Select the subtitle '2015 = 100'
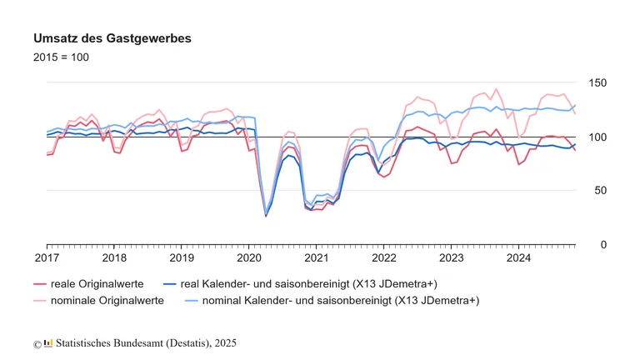pos(61,57)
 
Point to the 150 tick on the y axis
pos(598,83)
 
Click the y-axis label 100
pos(598,137)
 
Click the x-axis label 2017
pos(47,259)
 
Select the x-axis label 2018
pos(114,259)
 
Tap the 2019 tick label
pos(182,259)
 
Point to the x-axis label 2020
pos(249,259)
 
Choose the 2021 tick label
pos(317,259)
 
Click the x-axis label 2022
pos(384,259)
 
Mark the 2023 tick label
pos(452,259)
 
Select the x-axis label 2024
pos(519,259)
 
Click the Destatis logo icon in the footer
pos(48,342)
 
